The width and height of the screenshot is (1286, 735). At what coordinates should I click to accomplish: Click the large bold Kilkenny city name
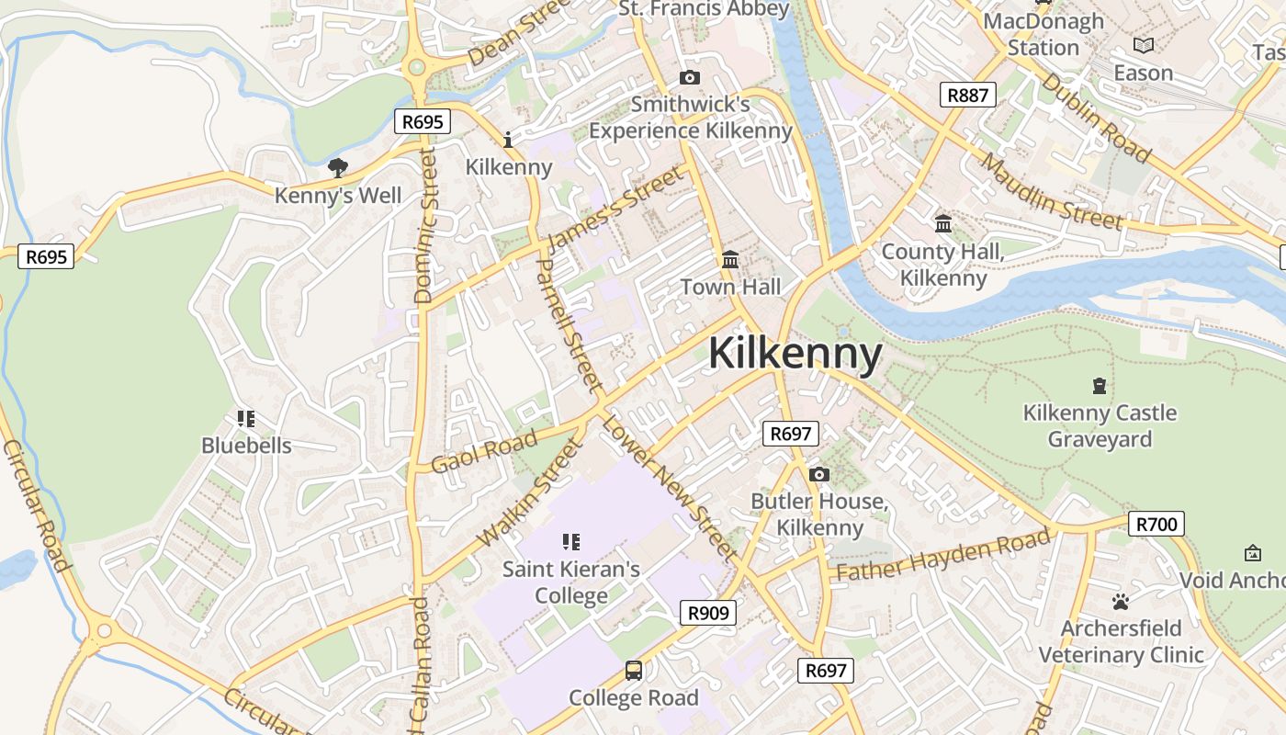(795, 354)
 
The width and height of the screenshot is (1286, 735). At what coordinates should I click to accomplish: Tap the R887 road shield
(968, 95)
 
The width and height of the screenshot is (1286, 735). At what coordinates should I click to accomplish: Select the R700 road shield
(1156, 525)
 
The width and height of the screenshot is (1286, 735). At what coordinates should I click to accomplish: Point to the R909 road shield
(708, 613)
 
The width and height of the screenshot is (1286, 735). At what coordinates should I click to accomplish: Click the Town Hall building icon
(730, 260)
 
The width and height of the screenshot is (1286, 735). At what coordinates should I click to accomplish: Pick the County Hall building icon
(942, 224)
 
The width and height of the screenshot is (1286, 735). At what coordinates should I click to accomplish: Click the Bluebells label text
(246, 446)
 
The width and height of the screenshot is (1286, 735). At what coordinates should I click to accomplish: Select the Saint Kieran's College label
(571, 582)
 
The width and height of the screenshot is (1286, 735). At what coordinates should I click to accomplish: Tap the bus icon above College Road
(634, 671)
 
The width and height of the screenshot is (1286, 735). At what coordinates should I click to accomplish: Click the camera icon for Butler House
(819, 475)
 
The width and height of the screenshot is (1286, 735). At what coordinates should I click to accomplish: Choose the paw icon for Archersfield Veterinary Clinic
(1120, 603)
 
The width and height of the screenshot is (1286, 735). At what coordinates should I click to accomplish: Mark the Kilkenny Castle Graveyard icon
(1100, 386)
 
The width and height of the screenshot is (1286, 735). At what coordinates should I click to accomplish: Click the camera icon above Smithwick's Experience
(689, 78)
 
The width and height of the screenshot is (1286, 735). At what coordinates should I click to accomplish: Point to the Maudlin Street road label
(1051, 192)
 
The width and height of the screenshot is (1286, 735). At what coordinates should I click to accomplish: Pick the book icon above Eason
(1144, 45)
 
